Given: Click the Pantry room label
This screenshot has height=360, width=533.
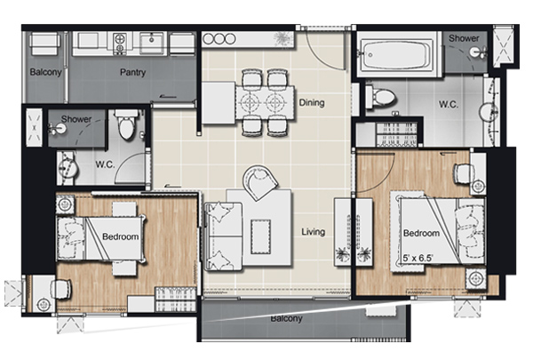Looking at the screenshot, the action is pos(132,72).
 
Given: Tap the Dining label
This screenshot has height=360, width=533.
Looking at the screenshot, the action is pos(312,102).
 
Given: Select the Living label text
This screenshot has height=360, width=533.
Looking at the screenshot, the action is pos(313,232).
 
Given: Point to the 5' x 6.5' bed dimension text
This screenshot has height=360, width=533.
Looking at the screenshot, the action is pos(418,259).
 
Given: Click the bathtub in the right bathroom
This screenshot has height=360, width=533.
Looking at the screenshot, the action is pos(396,54).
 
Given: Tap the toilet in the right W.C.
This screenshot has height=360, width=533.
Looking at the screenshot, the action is pos(381,97).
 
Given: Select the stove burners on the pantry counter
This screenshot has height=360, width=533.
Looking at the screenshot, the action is pos(120,44).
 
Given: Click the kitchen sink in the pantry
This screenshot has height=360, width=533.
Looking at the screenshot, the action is pos(152,43).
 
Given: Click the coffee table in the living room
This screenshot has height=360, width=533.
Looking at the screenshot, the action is pos(260,236).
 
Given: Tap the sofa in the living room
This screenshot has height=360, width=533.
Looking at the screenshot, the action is pos(223,236).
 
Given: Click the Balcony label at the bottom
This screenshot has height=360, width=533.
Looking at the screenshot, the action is pos(286,319).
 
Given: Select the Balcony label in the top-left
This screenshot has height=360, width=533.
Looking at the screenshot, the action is pos(45,72).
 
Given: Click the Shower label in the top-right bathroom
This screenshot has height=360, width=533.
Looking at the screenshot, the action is pos(464,38).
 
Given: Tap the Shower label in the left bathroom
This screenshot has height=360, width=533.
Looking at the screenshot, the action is pos(76,119).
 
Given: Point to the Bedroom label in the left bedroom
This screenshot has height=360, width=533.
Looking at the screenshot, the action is pos(120,236).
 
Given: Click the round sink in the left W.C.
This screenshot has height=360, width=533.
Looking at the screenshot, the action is pos(68,168).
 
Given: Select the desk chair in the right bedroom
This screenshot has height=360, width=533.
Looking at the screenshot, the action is pos(464,173).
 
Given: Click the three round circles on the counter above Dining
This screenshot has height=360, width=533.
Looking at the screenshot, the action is pos(219,39).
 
